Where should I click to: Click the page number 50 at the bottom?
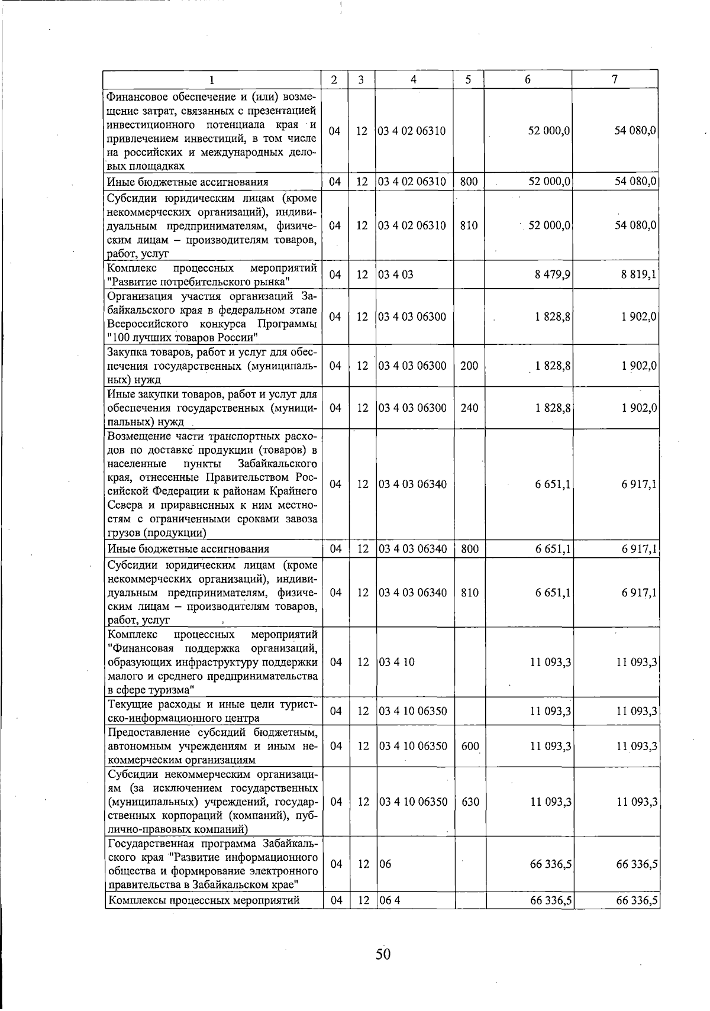383,954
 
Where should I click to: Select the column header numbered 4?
414,79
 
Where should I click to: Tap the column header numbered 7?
615,79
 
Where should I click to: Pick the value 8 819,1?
639,274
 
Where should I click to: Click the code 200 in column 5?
469,366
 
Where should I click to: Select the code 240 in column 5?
469,408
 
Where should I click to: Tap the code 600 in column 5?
470,746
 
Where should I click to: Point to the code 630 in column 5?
470,802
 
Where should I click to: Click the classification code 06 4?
390,900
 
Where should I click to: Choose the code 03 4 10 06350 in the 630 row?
413,802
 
